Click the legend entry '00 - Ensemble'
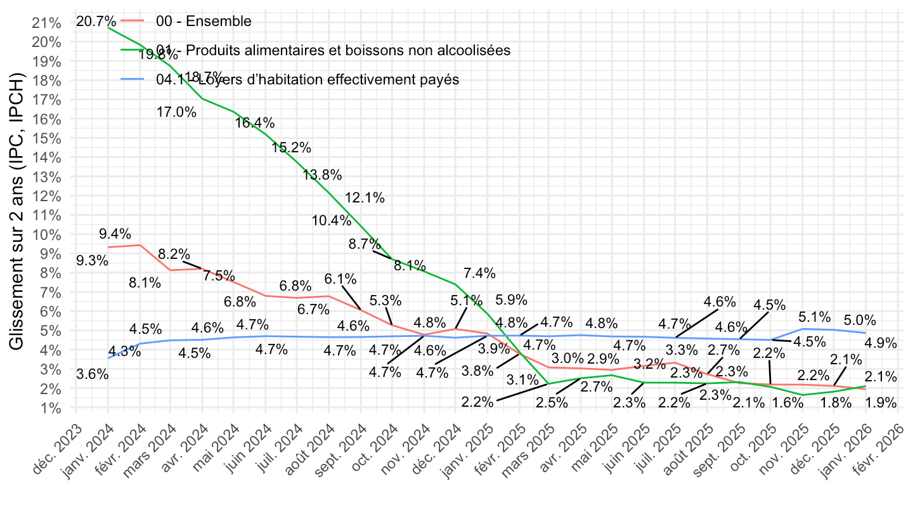pyautogui.click(x=204, y=22)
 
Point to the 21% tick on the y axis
pyautogui.click(x=46, y=23)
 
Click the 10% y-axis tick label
pyautogui.click(x=46, y=235)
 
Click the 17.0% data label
pyautogui.click(x=177, y=112)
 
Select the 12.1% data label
pyautogui.click(x=365, y=198)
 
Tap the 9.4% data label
pyautogui.click(x=115, y=234)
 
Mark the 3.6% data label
pyautogui.click(x=92, y=375)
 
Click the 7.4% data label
pyautogui.click(x=479, y=273)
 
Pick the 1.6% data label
pyautogui.click(x=787, y=402)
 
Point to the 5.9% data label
pyautogui.click(x=511, y=300)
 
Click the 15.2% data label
pyautogui.click(x=292, y=148)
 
